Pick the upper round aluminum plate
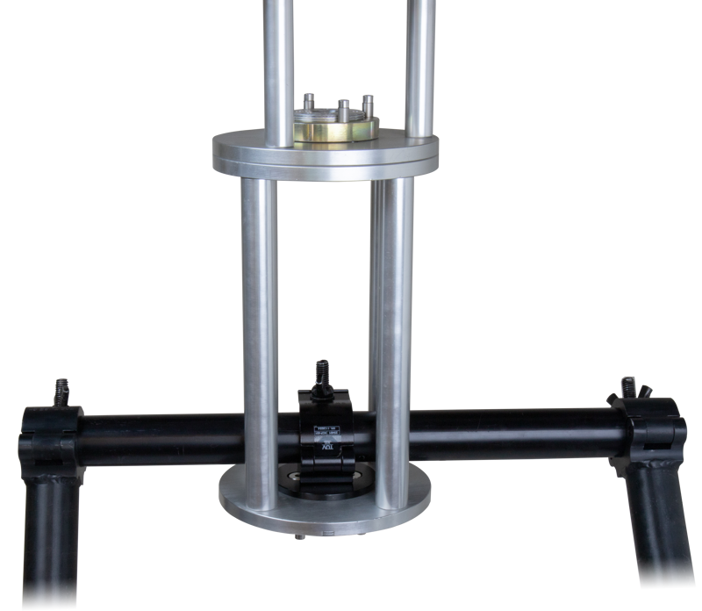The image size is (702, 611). pos(323,155)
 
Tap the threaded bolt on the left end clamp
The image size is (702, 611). pos(61,388)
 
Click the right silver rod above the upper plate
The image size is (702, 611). pos(421,53)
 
